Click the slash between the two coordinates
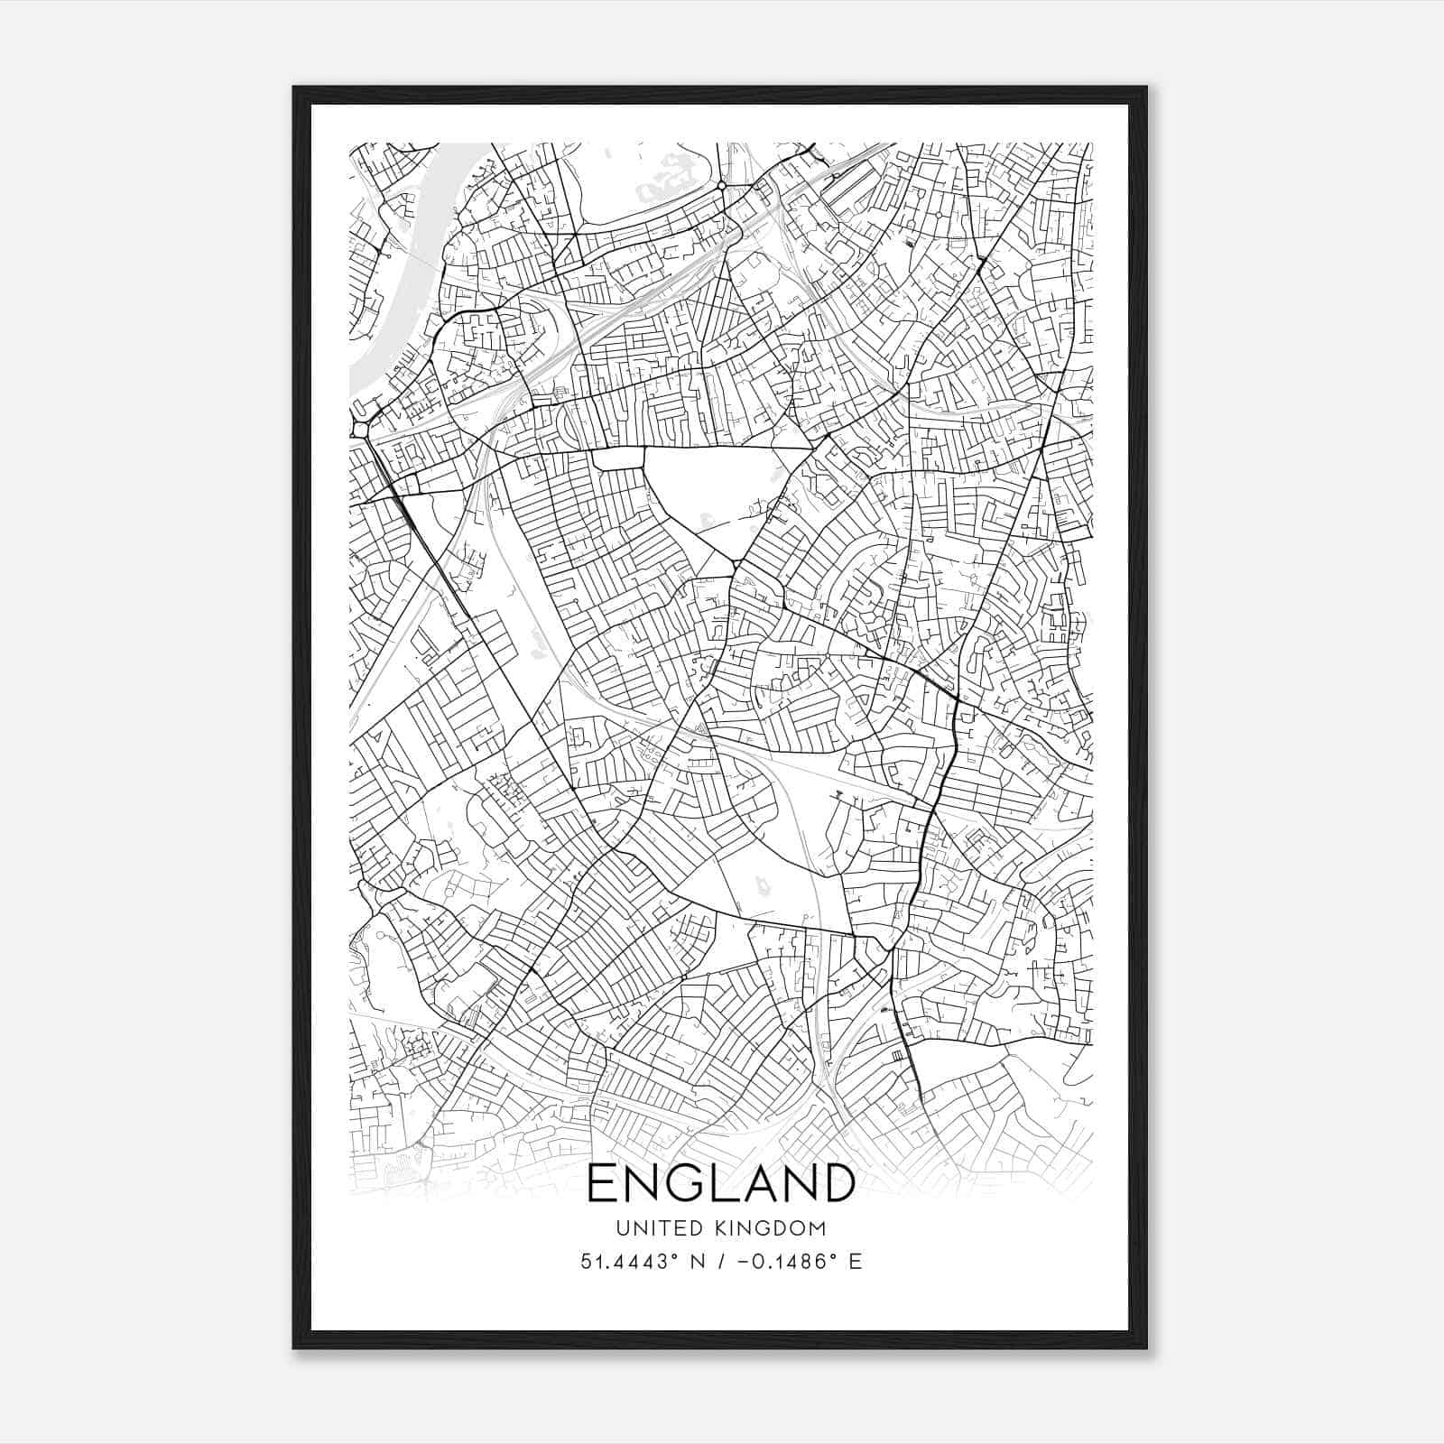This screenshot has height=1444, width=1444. (x=719, y=1261)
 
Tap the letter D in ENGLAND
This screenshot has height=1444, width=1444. (x=836, y=1183)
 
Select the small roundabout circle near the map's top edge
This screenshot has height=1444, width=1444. (x=722, y=186)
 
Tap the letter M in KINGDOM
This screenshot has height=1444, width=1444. (x=818, y=1227)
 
